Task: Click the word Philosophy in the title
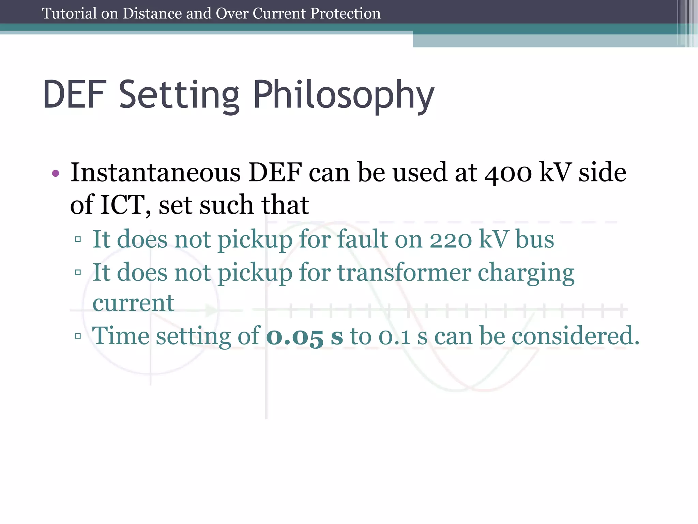pos(344,96)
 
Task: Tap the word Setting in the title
pos(179,96)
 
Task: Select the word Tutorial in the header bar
pos(69,14)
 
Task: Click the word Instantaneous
pos(155,172)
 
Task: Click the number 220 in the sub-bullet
pos(451,239)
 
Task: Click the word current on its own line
pos(133,303)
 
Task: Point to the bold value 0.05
pos(294,336)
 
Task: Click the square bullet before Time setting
pos(78,336)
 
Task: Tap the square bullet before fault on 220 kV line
pos(78,239)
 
